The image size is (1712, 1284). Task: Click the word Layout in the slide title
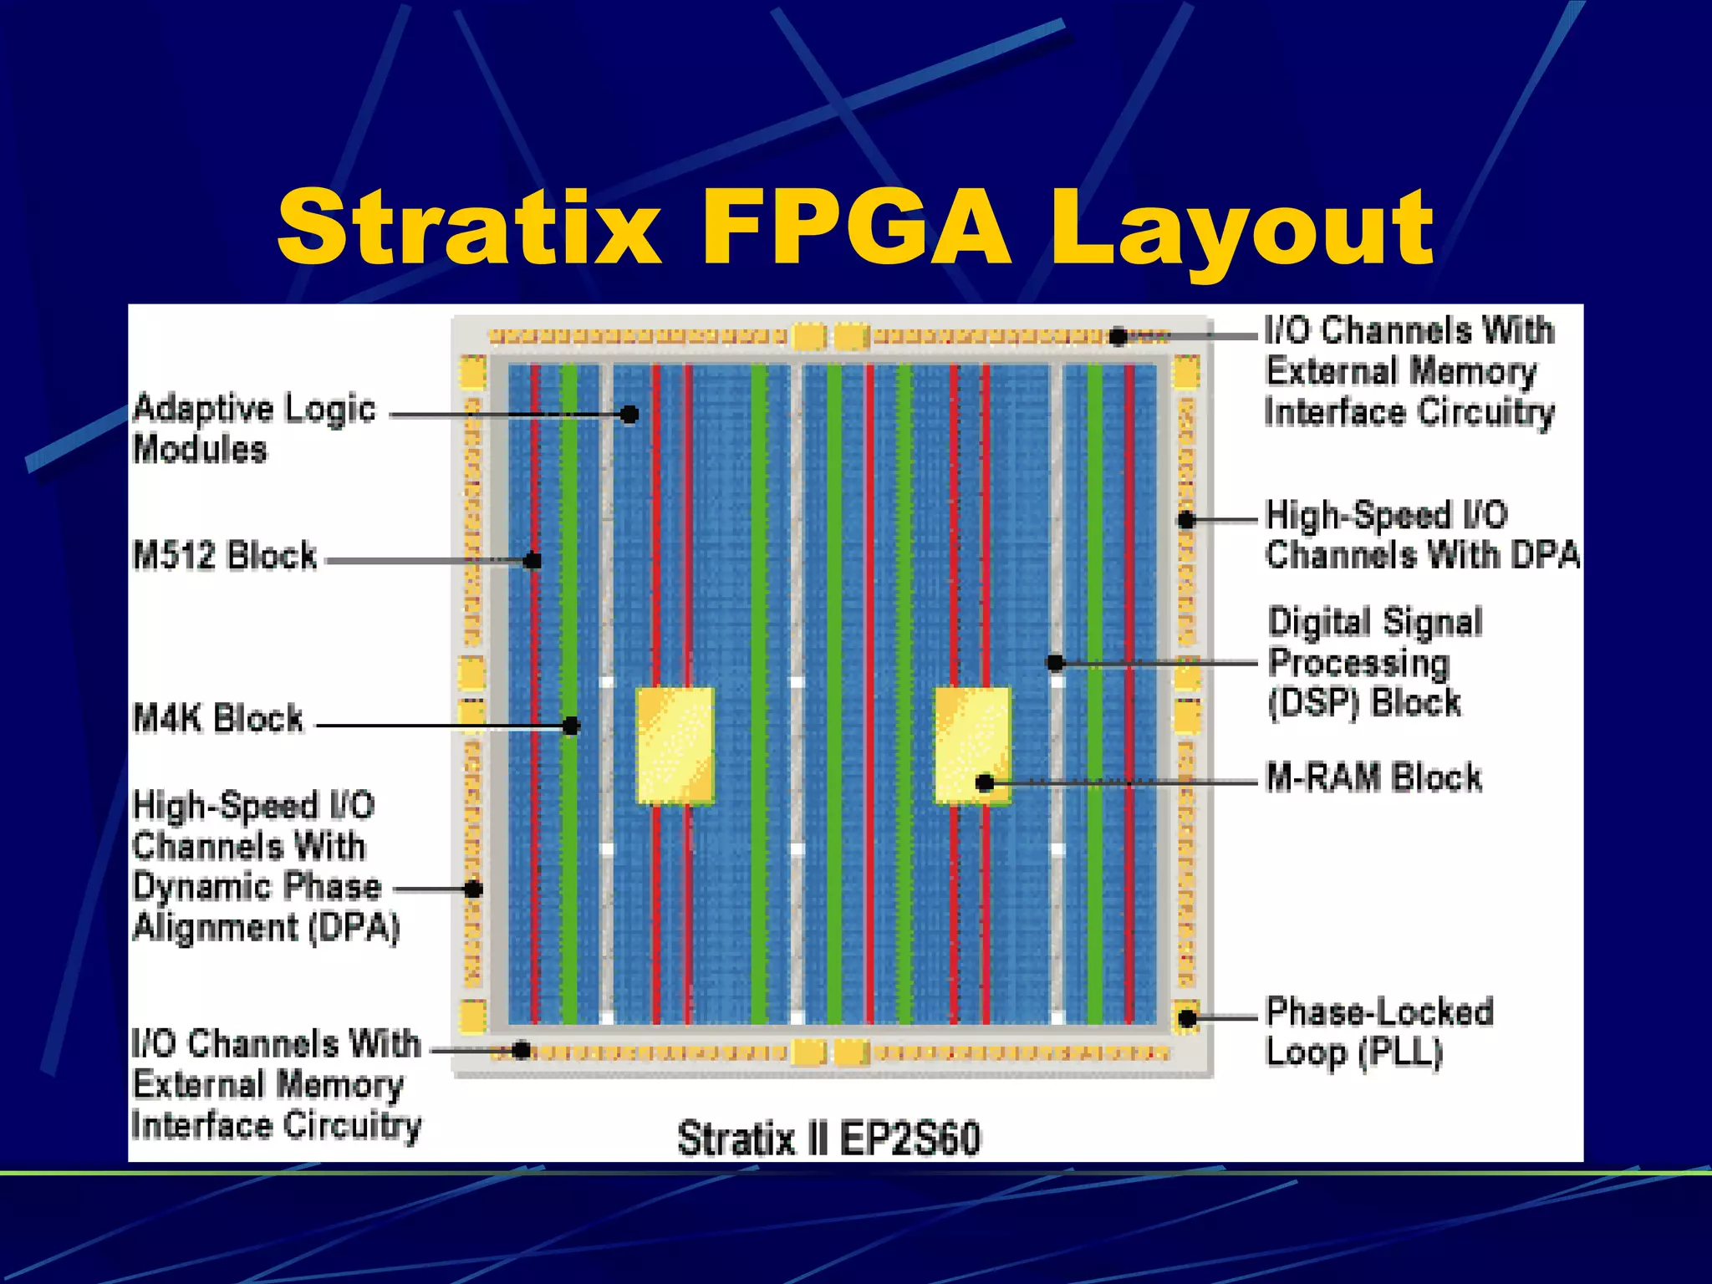pyautogui.click(x=1241, y=230)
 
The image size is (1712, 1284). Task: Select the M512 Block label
pyautogui.click(x=225, y=555)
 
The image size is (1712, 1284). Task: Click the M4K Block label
pyautogui.click(x=218, y=718)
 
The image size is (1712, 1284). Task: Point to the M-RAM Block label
pyautogui.click(x=1373, y=777)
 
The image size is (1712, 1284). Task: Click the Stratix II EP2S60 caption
pyautogui.click(x=828, y=1139)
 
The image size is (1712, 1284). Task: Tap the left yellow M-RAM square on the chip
pyautogui.click(x=675, y=745)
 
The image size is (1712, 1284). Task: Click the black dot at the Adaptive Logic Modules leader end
pyautogui.click(x=629, y=414)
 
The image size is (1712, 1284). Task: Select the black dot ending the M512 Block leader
pyautogui.click(x=532, y=560)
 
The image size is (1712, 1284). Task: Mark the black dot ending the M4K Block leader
pyautogui.click(x=571, y=726)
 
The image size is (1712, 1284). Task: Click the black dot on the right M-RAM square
pyautogui.click(x=985, y=782)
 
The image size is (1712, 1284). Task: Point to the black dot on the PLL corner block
pyautogui.click(x=1187, y=1017)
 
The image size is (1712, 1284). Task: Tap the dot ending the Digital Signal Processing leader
pyautogui.click(x=1055, y=663)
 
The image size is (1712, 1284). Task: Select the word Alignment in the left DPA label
pyautogui.click(x=216, y=928)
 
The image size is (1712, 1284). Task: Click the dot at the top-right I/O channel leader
pyautogui.click(x=1118, y=336)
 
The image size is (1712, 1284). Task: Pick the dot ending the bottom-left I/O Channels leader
pyautogui.click(x=521, y=1050)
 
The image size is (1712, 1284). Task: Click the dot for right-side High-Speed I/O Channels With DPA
pyautogui.click(x=1186, y=520)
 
